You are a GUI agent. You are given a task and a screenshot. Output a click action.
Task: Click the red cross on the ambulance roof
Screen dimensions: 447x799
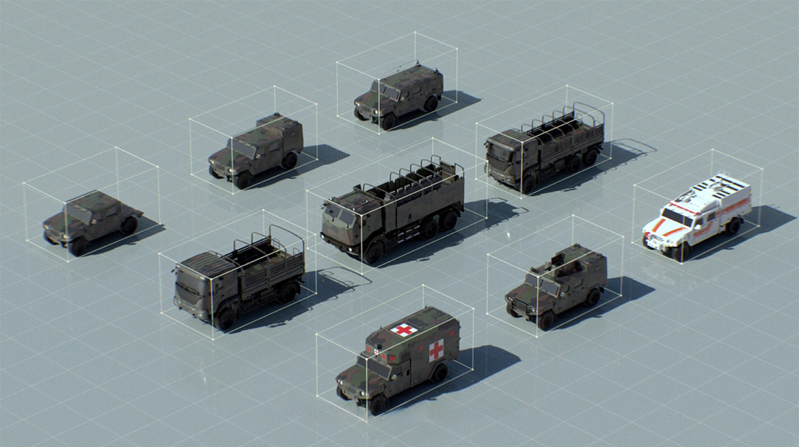click(x=403, y=330)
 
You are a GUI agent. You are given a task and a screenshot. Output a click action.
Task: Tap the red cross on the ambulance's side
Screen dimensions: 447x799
click(x=436, y=350)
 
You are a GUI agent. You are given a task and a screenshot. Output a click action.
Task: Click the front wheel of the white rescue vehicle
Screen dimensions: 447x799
click(x=681, y=251)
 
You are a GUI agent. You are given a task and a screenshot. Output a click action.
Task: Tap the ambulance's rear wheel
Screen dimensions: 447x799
click(x=439, y=373)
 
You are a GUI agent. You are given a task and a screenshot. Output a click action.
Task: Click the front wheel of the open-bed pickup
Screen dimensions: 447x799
click(x=78, y=247)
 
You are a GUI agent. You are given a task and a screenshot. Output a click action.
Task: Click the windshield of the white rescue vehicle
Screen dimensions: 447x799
click(x=676, y=216)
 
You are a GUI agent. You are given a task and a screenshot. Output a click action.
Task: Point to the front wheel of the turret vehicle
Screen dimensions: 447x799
click(x=546, y=319)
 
